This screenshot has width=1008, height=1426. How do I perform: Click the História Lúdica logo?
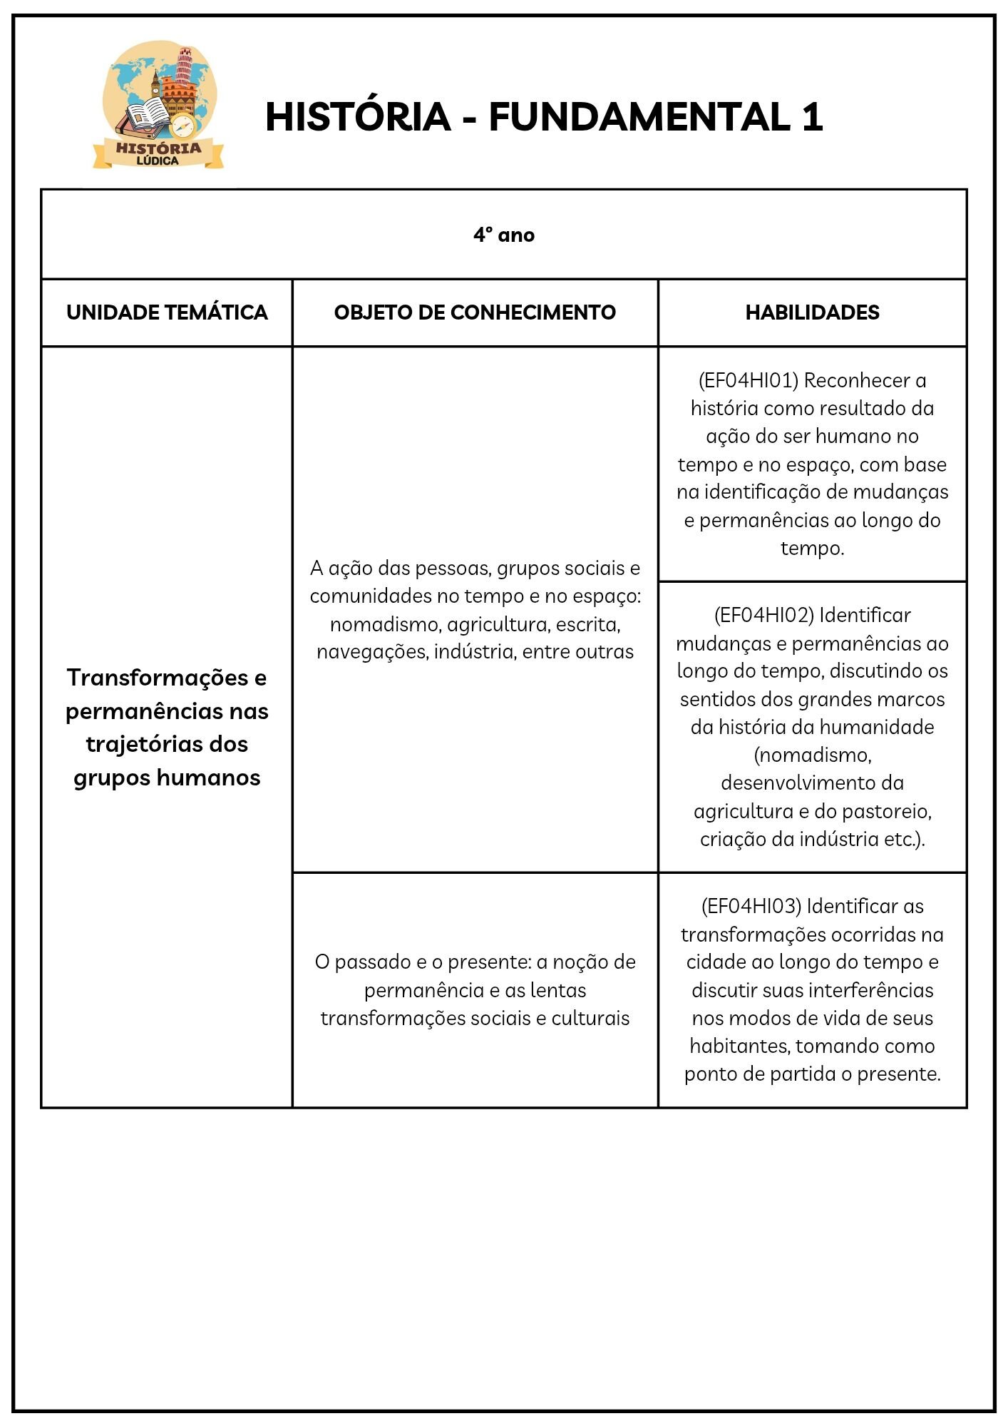pos(158,105)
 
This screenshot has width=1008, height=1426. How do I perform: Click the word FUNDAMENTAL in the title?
pos(639,117)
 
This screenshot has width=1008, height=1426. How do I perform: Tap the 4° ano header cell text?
pos(503,235)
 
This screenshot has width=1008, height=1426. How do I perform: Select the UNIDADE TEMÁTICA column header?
pos(167,312)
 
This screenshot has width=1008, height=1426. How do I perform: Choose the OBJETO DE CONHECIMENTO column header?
pos(475,312)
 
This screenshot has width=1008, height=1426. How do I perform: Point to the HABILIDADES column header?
pos(812,312)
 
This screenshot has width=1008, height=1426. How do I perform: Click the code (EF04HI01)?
pos(748,380)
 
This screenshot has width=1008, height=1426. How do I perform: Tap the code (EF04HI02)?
pos(763,615)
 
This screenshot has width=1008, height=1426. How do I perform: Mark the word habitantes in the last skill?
pos(739,1046)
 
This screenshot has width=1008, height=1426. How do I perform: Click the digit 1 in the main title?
pos(812,117)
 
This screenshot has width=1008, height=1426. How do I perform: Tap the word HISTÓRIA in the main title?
pos(357,117)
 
